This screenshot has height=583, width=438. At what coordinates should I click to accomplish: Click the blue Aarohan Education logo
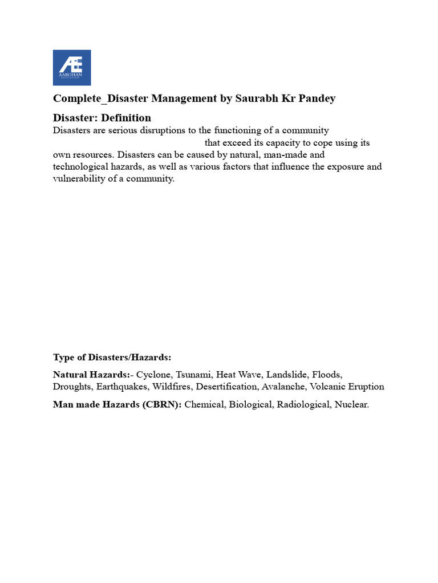[72, 68]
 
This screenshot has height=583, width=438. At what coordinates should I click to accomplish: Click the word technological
[82, 166]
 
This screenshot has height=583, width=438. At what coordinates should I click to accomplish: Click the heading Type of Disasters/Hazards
[112, 358]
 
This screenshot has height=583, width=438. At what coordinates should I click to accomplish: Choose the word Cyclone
[153, 375]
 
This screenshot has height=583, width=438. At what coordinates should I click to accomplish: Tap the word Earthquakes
[121, 387]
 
